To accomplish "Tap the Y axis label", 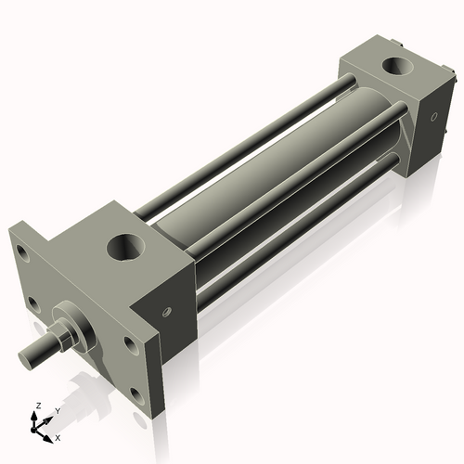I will (57, 411).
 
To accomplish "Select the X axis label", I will (58, 436).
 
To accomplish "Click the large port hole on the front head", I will (123, 248).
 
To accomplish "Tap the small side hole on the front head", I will (169, 312).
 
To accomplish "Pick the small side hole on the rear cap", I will (432, 117).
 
